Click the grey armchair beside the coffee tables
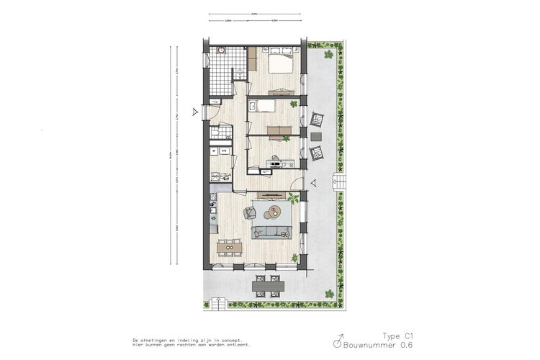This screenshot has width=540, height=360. (x=250, y=212)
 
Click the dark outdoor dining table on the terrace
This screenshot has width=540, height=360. (x=268, y=286)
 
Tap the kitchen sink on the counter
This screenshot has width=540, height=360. (x=212, y=210)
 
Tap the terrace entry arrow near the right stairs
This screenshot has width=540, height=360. (x=313, y=183)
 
